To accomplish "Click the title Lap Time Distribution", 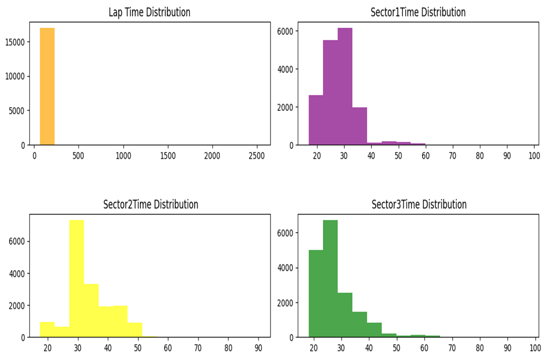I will [149, 12].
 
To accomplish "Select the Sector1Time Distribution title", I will [418, 12].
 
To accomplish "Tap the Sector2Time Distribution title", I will [151, 204].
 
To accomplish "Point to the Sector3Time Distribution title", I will [418, 204].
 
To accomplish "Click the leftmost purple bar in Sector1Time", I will [315, 120].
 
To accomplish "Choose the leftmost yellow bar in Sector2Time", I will [47, 330].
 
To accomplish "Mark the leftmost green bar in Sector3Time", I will [315, 293].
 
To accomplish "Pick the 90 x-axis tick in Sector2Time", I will [258, 348].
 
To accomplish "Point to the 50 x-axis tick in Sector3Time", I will [397, 348].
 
